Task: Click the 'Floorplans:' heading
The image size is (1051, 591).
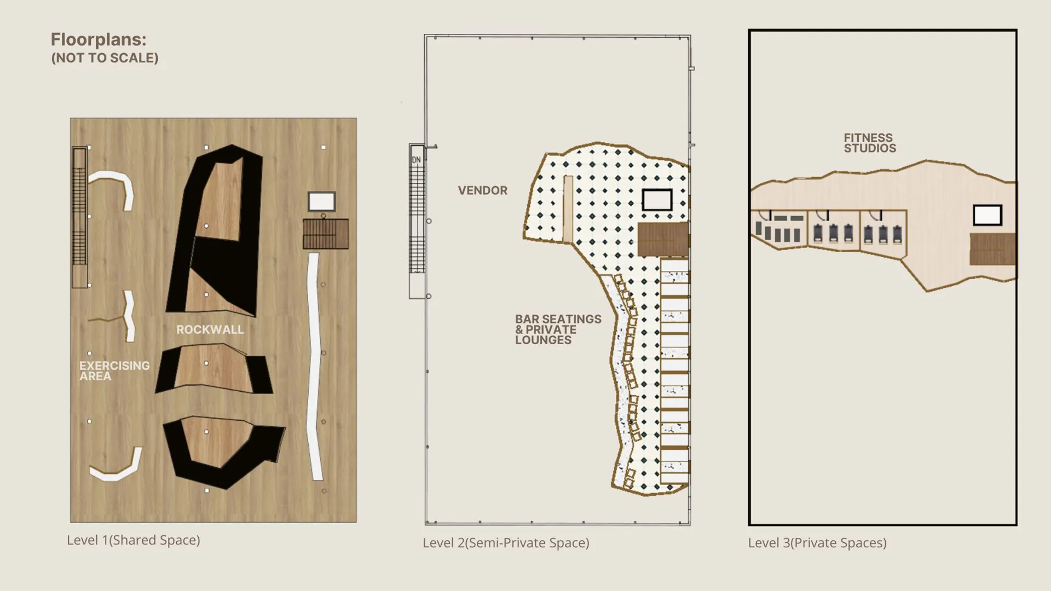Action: pos(99,39)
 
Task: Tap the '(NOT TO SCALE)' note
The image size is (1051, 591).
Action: pos(105,58)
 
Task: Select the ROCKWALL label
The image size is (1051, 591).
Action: pos(210,329)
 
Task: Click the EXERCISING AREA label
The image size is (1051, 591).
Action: pos(114,370)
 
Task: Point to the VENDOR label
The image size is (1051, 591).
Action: pos(483,190)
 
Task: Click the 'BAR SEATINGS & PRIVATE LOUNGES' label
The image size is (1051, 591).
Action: pos(558,329)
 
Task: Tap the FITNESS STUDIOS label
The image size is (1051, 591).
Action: pos(870,143)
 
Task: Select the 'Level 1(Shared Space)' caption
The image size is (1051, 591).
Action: pos(134,540)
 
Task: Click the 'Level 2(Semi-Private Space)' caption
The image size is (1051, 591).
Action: pos(506,543)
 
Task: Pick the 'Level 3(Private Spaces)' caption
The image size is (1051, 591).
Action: pos(817,543)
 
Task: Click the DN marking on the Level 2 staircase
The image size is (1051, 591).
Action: pos(417,160)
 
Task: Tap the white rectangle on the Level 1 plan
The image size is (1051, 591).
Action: pos(321,201)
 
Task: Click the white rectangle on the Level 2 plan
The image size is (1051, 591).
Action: pos(657,200)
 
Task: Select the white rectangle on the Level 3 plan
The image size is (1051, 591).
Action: pos(988,215)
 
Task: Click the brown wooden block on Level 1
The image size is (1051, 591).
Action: pos(326,234)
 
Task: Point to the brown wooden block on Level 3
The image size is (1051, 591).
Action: pos(992,249)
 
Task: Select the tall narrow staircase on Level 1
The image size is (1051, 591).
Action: pos(80,217)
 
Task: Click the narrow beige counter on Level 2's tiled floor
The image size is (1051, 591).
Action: pos(568,208)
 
